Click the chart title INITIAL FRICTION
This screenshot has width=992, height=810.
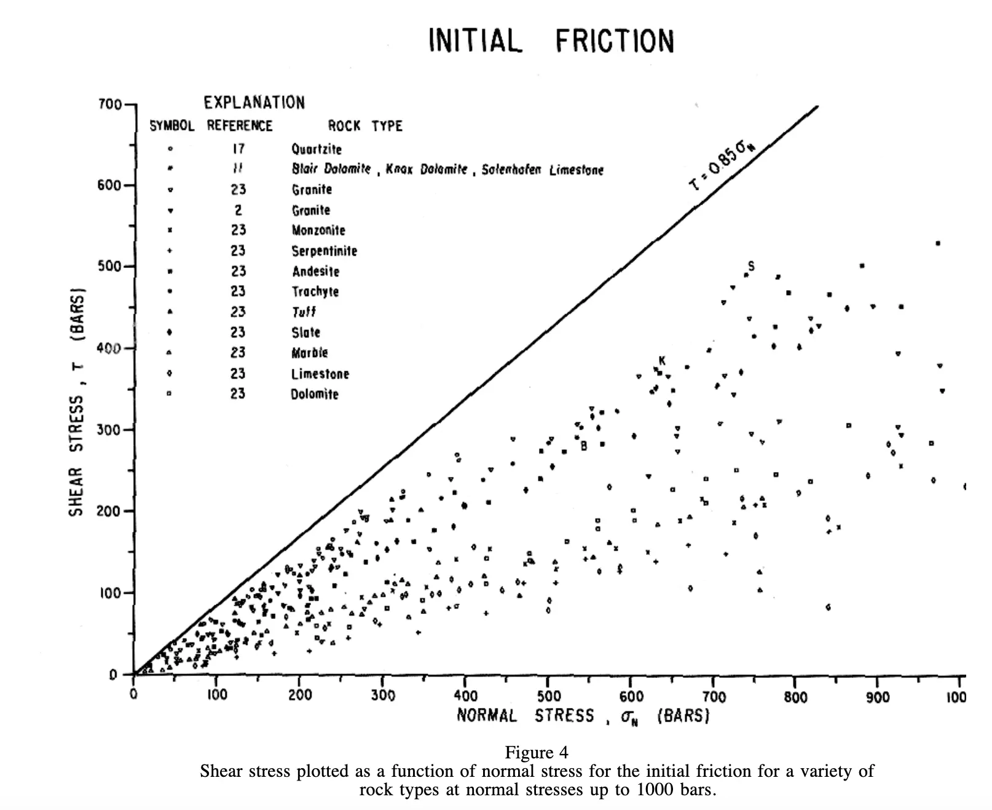[551, 41]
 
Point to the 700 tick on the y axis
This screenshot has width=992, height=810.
[110, 104]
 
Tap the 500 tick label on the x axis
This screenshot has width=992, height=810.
[548, 696]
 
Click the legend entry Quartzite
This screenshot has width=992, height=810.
[317, 149]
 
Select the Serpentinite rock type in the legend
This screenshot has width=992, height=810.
[324, 251]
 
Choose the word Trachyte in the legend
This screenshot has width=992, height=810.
[315, 291]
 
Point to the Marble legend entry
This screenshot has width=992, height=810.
[309, 353]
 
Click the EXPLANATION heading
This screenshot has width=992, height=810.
[254, 103]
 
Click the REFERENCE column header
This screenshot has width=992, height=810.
[239, 126]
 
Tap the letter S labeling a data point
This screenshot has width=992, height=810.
[751, 266]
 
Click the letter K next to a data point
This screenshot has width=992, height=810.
[662, 361]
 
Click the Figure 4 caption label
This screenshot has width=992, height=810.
[536, 752]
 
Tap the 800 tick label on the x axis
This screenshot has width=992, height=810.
[795, 697]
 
